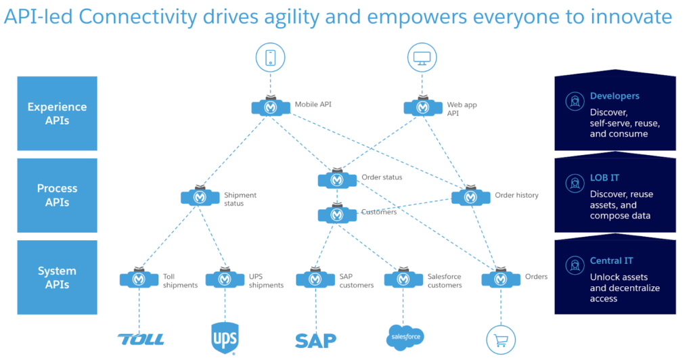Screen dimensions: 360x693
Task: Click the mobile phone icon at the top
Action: tap(271, 58)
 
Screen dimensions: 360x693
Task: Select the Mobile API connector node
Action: tap(271, 107)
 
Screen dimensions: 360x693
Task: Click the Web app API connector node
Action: tap(423, 107)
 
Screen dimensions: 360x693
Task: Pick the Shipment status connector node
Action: tap(200, 197)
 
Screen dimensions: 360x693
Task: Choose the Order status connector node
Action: tap(337, 179)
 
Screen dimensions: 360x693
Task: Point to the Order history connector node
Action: tap(471, 197)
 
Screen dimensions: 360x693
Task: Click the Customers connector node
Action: tap(337, 215)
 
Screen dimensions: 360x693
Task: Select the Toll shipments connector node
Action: tap(139, 279)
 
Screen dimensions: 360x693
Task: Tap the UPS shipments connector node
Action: tap(225, 279)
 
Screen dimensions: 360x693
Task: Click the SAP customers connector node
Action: tap(315, 279)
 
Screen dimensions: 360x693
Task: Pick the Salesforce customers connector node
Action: tap(403, 279)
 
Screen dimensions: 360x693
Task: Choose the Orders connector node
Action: tap(501, 279)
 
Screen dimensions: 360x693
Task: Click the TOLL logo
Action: tap(140, 339)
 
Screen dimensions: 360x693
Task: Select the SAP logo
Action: tap(315, 339)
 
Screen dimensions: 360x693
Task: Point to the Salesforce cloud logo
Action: tap(404, 337)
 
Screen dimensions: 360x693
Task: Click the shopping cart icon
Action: tap(501, 338)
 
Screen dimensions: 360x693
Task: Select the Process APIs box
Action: tap(58, 196)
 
